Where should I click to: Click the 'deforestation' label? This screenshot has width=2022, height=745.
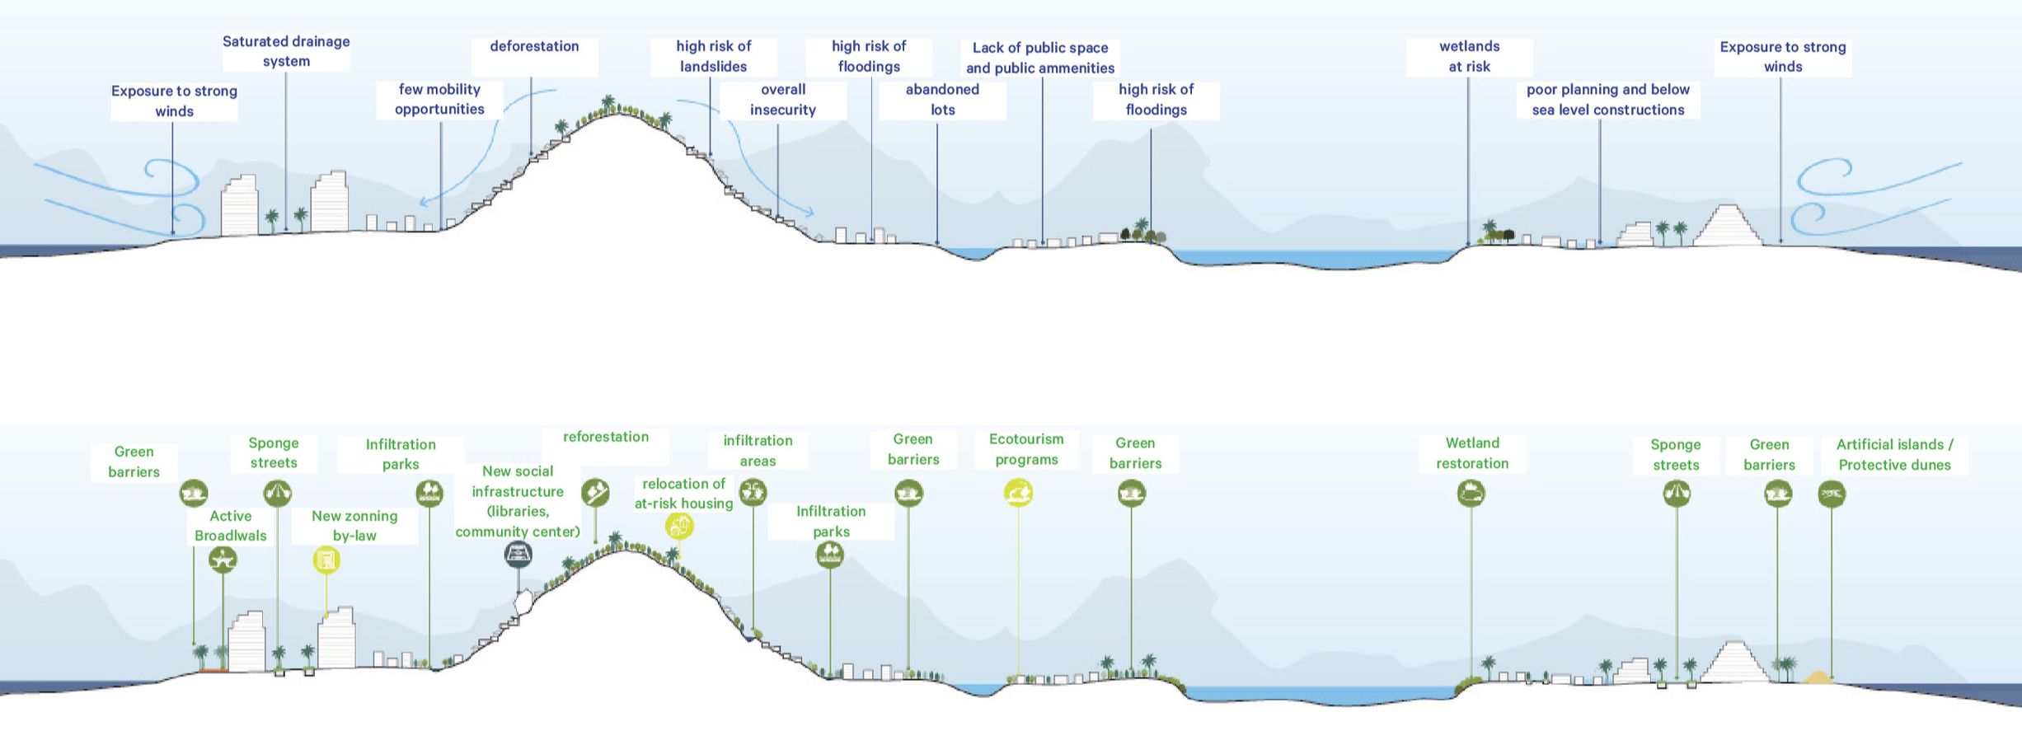(534, 47)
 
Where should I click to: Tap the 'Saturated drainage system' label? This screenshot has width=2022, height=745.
(286, 51)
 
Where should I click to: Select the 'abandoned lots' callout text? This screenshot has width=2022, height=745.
(942, 100)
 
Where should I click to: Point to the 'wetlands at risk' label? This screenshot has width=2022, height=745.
(1469, 56)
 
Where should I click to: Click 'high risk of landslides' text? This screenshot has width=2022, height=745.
(713, 56)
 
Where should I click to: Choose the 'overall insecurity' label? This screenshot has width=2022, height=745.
(782, 100)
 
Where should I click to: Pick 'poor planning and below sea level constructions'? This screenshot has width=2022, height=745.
(1607, 100)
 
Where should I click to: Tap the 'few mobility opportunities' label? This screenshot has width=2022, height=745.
(439, 100)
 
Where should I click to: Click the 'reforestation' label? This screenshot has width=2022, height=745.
(605, 438)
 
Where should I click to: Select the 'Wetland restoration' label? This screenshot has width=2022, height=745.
(1472, 453)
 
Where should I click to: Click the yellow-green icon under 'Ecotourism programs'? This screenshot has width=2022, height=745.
(1018, 494)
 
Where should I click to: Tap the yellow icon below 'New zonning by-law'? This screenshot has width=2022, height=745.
(326, 561)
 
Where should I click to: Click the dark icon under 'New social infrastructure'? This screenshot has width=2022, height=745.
(518, 555)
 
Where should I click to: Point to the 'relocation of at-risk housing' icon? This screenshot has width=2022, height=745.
(679, 526)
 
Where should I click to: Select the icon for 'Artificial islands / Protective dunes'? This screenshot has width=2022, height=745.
(1832, 494)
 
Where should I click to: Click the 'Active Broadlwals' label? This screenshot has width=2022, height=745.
(230, 526)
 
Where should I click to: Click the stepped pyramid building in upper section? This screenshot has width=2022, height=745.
(1728, 227)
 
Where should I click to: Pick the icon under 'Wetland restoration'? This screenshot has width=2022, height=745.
(1471, 494)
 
